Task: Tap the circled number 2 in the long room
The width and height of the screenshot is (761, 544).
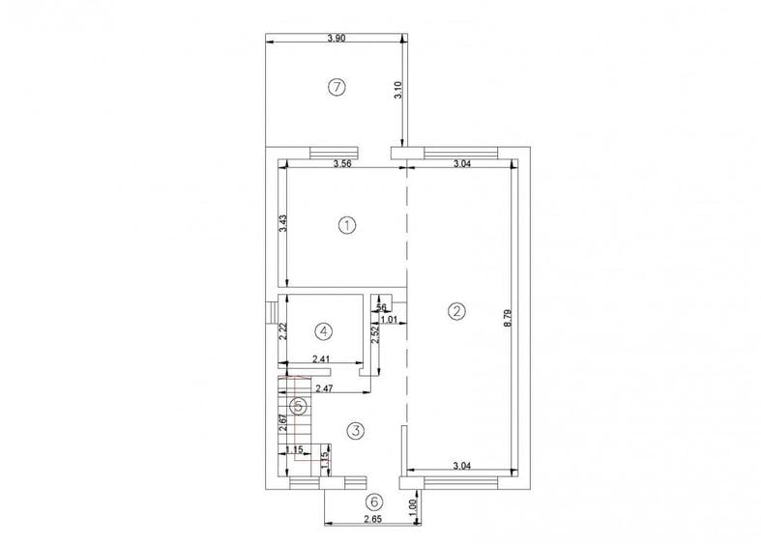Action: pos(456,311)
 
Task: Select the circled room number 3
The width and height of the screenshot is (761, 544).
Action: pos(356,430)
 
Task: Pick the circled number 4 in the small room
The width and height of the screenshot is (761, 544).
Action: pos(324,330)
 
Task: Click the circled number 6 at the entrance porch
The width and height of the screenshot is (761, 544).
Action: pos(374,502)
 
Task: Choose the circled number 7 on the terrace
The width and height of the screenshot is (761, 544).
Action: pos(336,87)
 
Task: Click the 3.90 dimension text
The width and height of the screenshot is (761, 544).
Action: pos(336,38)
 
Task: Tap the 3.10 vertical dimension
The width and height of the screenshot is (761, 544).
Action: pos(397,91)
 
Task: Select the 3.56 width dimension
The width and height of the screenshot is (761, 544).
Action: pos(341,164)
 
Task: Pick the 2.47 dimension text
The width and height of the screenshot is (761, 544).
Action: pos(326,387)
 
